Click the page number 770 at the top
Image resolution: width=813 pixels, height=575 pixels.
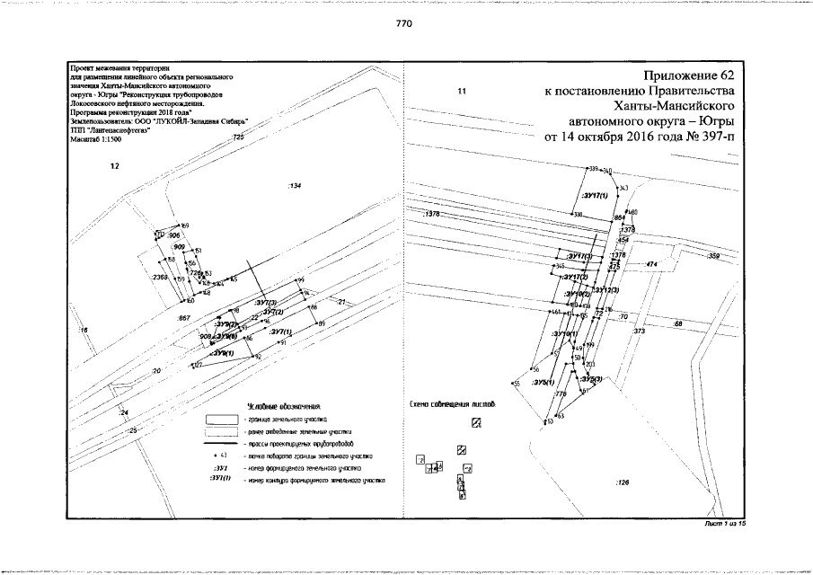click(403, 24)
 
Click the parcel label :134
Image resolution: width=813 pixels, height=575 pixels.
click(294, 186)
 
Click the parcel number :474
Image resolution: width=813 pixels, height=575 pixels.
click(652, 264)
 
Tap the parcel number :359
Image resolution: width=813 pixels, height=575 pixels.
click(714, 257)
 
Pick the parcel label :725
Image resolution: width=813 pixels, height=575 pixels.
click(238, 136)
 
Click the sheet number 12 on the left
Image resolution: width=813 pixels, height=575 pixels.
click(114, 165)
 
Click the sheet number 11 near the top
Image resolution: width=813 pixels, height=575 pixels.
click(463, 91)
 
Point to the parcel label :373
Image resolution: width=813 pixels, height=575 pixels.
click(641, 332)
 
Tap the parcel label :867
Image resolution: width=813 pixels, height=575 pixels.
click(184, 319)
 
